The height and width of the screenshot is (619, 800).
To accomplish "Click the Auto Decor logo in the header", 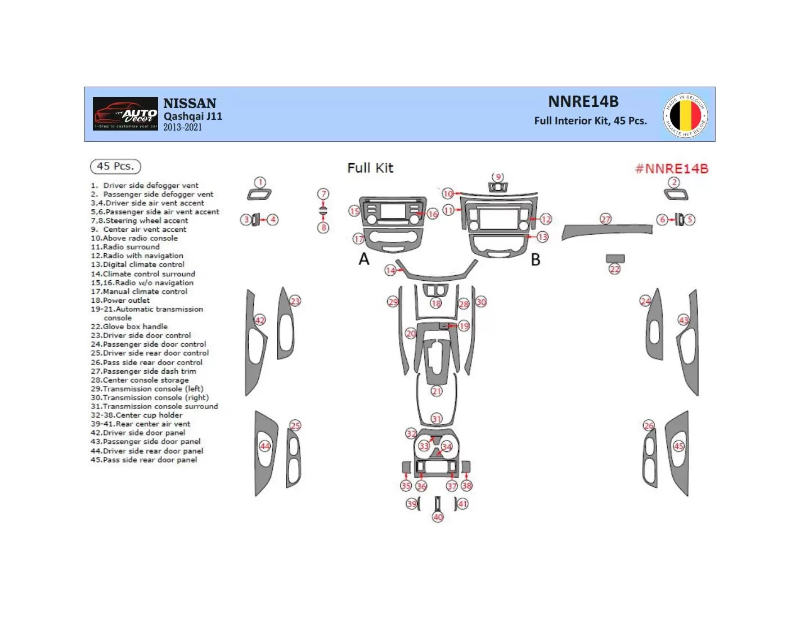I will coord(125,114).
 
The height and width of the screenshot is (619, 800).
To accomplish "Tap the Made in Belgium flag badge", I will coord(685,115).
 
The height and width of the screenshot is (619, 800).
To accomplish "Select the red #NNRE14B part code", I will coord(671,168).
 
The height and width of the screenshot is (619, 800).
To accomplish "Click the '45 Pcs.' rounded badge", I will coord(115,167).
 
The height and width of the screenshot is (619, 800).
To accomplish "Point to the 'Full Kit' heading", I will coord(370,168).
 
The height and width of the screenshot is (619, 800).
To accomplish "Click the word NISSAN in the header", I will coord(190,104).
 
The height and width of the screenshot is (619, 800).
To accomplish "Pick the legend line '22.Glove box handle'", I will coord(129,326).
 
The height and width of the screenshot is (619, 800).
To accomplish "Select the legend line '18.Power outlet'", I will coord(120,300).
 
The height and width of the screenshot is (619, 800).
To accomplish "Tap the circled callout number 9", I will coord(498,178).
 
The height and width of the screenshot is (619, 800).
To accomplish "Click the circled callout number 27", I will coord(605,219).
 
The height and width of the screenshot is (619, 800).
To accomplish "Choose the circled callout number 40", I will coord(438,517).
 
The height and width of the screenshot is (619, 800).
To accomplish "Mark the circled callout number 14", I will coord(390,271).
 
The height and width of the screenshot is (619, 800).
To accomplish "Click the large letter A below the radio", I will coord(364,259).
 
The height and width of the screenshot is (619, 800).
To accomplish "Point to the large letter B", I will coord(536,259).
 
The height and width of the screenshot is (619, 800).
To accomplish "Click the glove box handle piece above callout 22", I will coord(615,259).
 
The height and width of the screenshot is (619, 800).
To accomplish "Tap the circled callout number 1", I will coord(259,182).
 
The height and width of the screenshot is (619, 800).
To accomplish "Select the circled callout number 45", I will coord(678,446).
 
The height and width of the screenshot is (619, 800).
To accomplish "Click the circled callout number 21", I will coord(437,391).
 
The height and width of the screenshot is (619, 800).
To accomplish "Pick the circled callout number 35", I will coord(406,486).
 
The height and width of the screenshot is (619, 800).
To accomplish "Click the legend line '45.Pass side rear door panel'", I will coord(144,460).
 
